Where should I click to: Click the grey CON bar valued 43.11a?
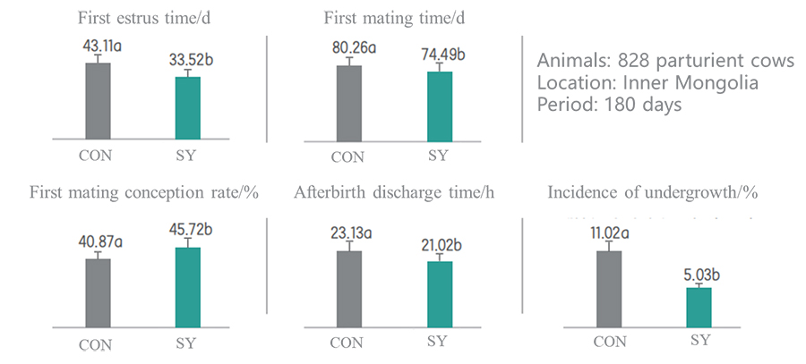(x=98, y=101)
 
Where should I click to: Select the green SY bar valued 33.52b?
(x=187, y=108)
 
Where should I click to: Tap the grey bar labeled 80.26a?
(x=348, y=103)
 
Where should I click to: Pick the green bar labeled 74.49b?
(x=439, y=106)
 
